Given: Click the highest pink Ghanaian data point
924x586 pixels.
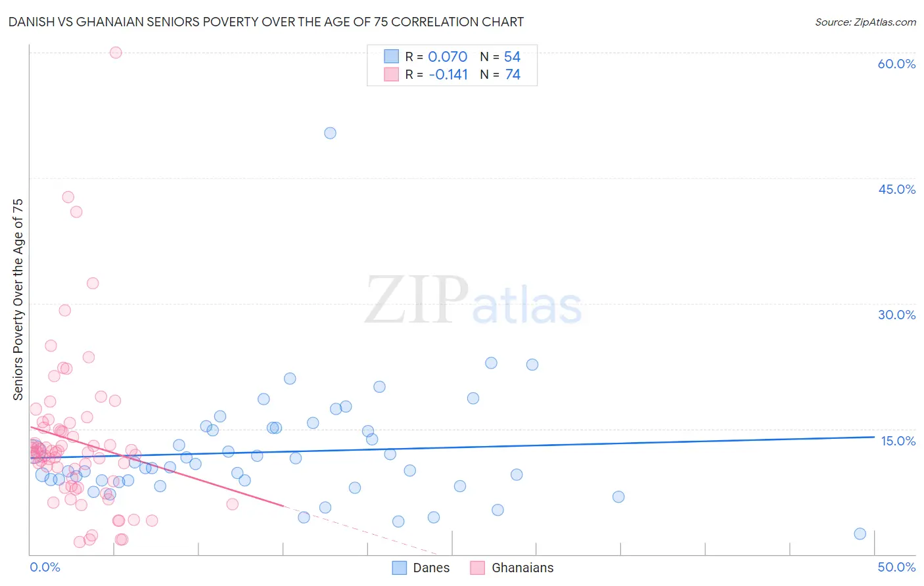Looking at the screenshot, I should click(x=116, y=53).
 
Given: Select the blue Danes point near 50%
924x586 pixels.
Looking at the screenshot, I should click(x=330, y=133).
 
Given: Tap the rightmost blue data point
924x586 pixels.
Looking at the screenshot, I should click(x=860, y=533).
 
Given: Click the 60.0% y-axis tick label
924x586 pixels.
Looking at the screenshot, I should click(x=896, y=64).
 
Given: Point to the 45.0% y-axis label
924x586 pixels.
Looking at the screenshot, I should click(x=896, y=189).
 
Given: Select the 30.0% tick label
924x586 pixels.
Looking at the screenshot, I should click(x=896, y=315).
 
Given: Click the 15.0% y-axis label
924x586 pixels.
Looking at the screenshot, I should click(x=898, y=441).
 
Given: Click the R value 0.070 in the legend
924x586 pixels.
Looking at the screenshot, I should click(x=448, y=57).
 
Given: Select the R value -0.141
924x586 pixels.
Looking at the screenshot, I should click(x=448, y=75).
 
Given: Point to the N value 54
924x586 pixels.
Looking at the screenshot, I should click(x=512, y=57).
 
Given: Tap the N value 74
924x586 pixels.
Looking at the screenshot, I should click(x=513, y=75).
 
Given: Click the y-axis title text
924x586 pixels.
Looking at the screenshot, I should click(x=18, y=300).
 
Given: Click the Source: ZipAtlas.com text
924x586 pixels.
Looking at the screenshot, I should click(x=865, y=22).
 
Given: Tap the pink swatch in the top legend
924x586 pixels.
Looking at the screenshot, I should click(x=391, y=74).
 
